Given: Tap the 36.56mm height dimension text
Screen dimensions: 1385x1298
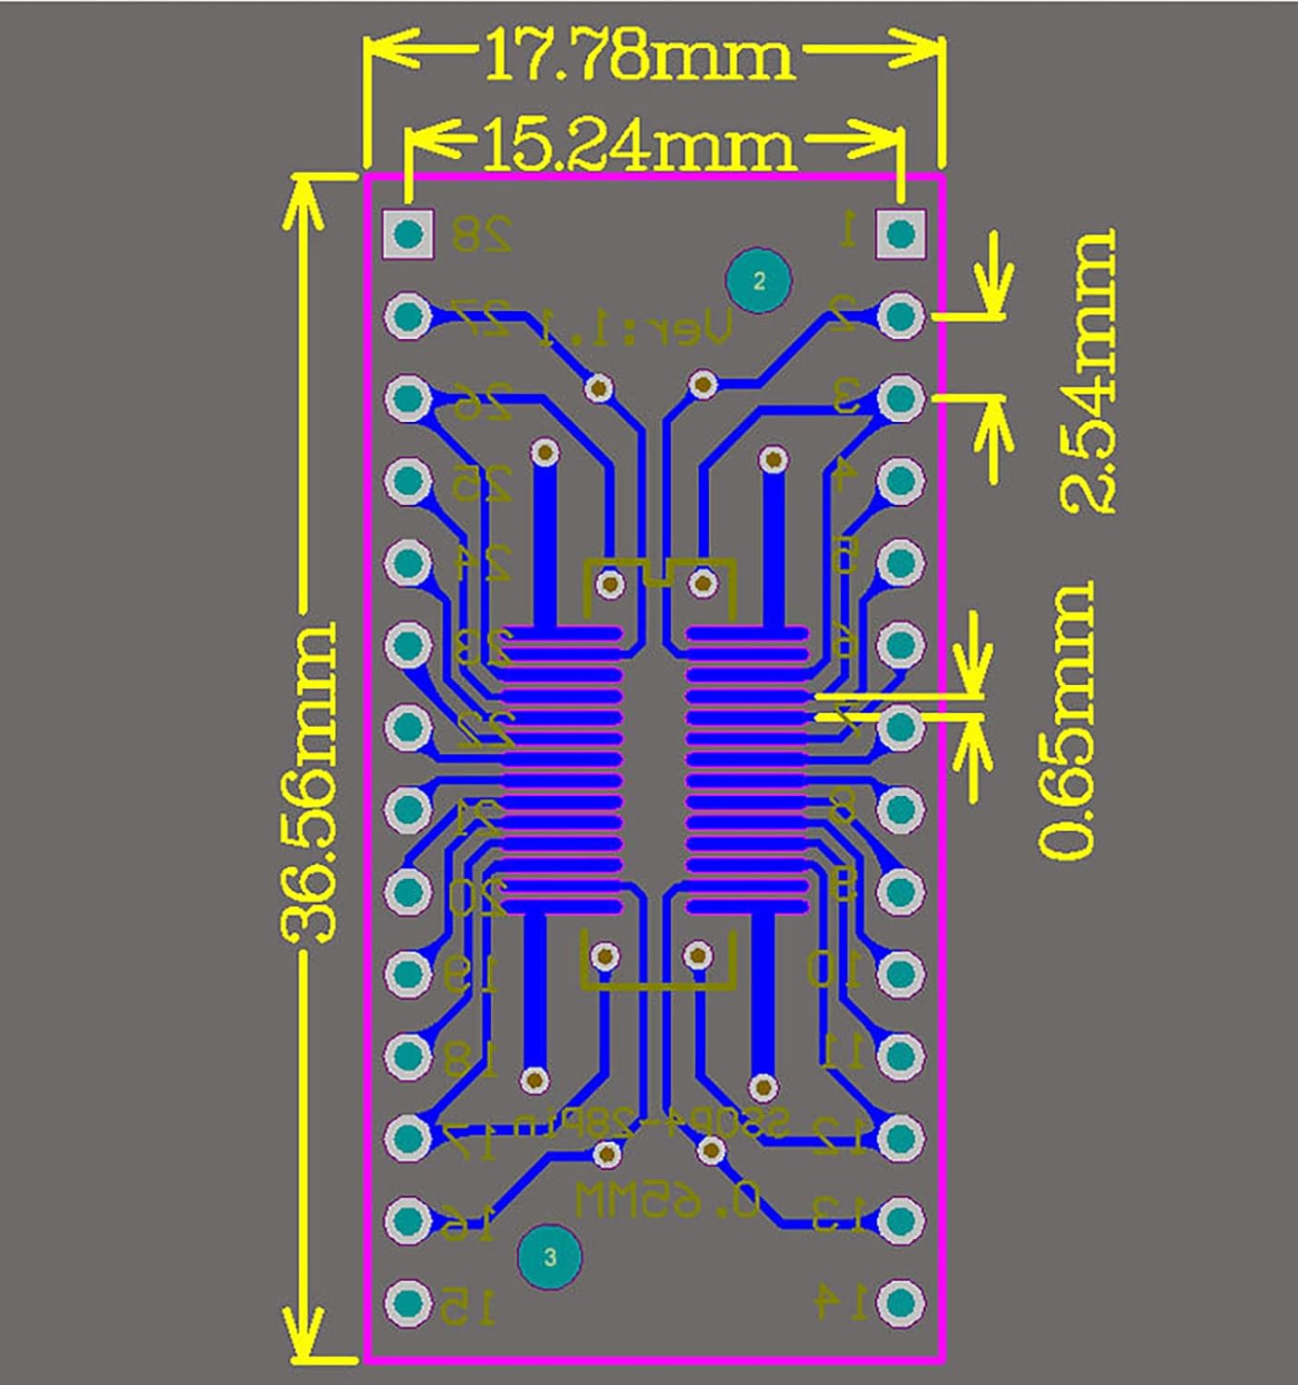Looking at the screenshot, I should click(306, 783).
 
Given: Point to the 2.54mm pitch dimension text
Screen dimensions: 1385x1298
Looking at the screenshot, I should click(1088, 372).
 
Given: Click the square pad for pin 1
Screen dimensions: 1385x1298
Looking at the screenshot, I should click(900, 235).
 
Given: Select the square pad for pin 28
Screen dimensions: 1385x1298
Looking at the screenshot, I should click(408, 235).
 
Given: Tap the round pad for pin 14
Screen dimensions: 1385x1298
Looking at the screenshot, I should click(900, 1302).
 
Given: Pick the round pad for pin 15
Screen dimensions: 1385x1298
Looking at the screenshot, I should click(408, 1302).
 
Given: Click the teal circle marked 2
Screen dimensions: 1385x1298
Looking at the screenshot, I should click(759, 281).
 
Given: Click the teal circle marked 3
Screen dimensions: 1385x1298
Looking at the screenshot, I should click(549, 1257).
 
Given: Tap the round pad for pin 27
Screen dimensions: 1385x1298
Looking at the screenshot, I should click(408, 316).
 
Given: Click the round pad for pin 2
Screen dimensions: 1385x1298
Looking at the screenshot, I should click(900, 316).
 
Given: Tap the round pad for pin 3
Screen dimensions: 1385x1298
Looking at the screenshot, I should click(900, 398).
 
